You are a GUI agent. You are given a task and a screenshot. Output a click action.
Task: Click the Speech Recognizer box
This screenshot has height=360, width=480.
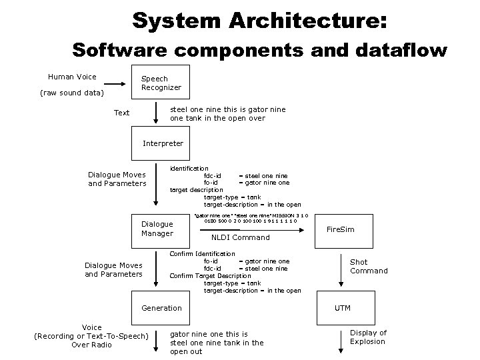pyautogui.click(x=161, y=83)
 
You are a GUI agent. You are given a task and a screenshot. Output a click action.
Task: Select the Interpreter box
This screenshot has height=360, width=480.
pyautogui.click(x=163, y=143)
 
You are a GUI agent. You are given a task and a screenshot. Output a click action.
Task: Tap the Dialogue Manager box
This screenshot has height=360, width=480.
pyautogui.click(x=157, y=229)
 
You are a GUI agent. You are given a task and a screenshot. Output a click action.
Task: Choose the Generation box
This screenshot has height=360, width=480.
pyautogui.click(x=161, y=308)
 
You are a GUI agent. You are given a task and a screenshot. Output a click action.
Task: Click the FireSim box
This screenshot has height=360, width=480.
pyautogui.click(x=340, y=229)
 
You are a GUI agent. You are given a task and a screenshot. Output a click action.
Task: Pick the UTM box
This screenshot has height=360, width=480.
pyautogui.click(x=342, y=308)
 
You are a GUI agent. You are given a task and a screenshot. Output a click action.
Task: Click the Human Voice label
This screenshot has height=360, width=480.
pyautogui.click(x=72, y=77)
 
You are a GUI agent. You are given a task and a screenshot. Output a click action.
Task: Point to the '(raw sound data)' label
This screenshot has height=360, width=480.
pyautogui.click(x=72, y=93)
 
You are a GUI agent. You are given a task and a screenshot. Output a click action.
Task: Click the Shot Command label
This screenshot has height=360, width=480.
pyautogui.click(x=369, y=267)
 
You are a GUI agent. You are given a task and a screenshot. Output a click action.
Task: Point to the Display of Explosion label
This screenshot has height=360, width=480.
pyautogui.click(x=368, y=337)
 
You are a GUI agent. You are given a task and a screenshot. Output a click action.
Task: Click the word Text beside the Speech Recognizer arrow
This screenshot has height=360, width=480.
pyautogui.click(x=121, y=113)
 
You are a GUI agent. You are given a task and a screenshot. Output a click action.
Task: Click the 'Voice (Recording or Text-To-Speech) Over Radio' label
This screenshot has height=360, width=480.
pyautogui.click(x=91, y=336)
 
